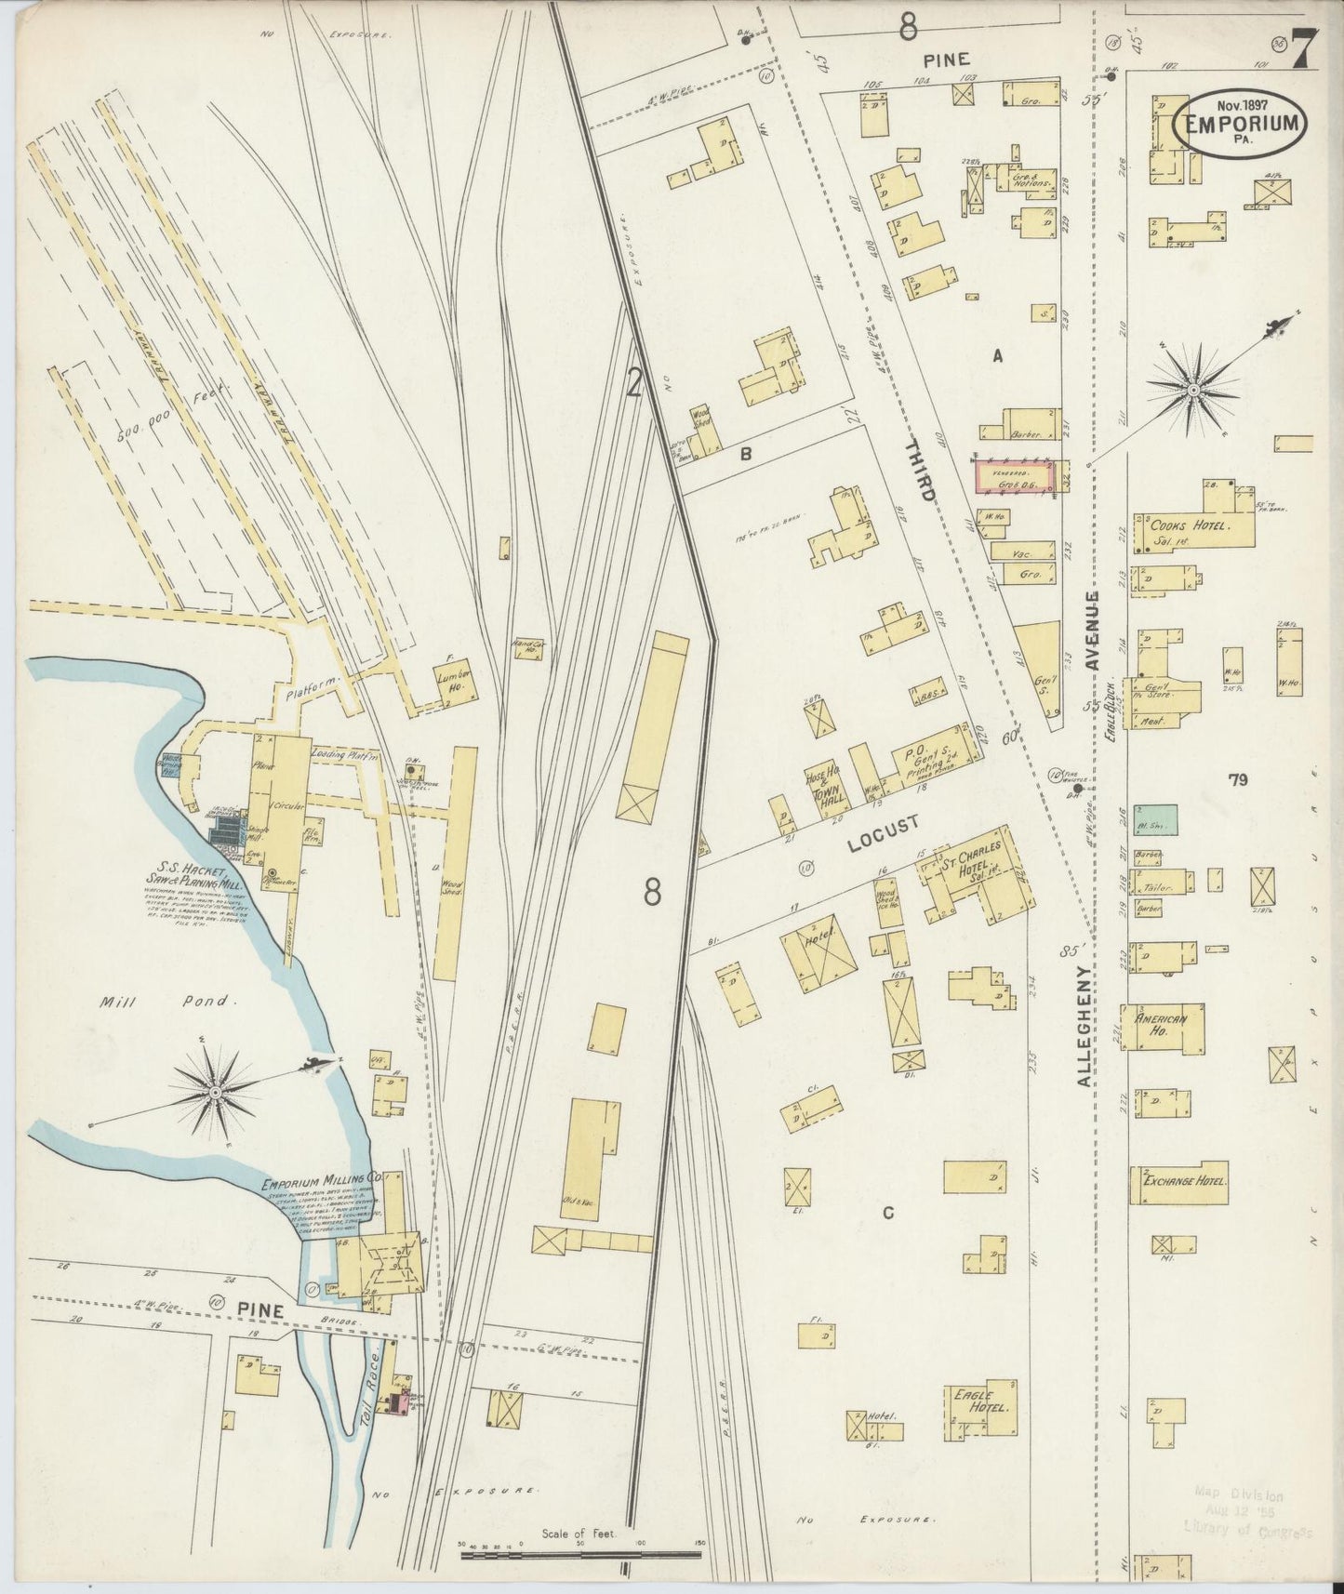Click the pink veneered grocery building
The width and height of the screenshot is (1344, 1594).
click(x=1015, y=477)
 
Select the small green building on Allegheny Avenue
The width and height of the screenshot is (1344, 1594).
click(x=1155, y=819)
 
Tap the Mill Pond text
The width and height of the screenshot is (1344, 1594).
click(x=173, y=1002)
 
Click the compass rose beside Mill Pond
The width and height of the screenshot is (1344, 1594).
click(x=215, y=1090)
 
